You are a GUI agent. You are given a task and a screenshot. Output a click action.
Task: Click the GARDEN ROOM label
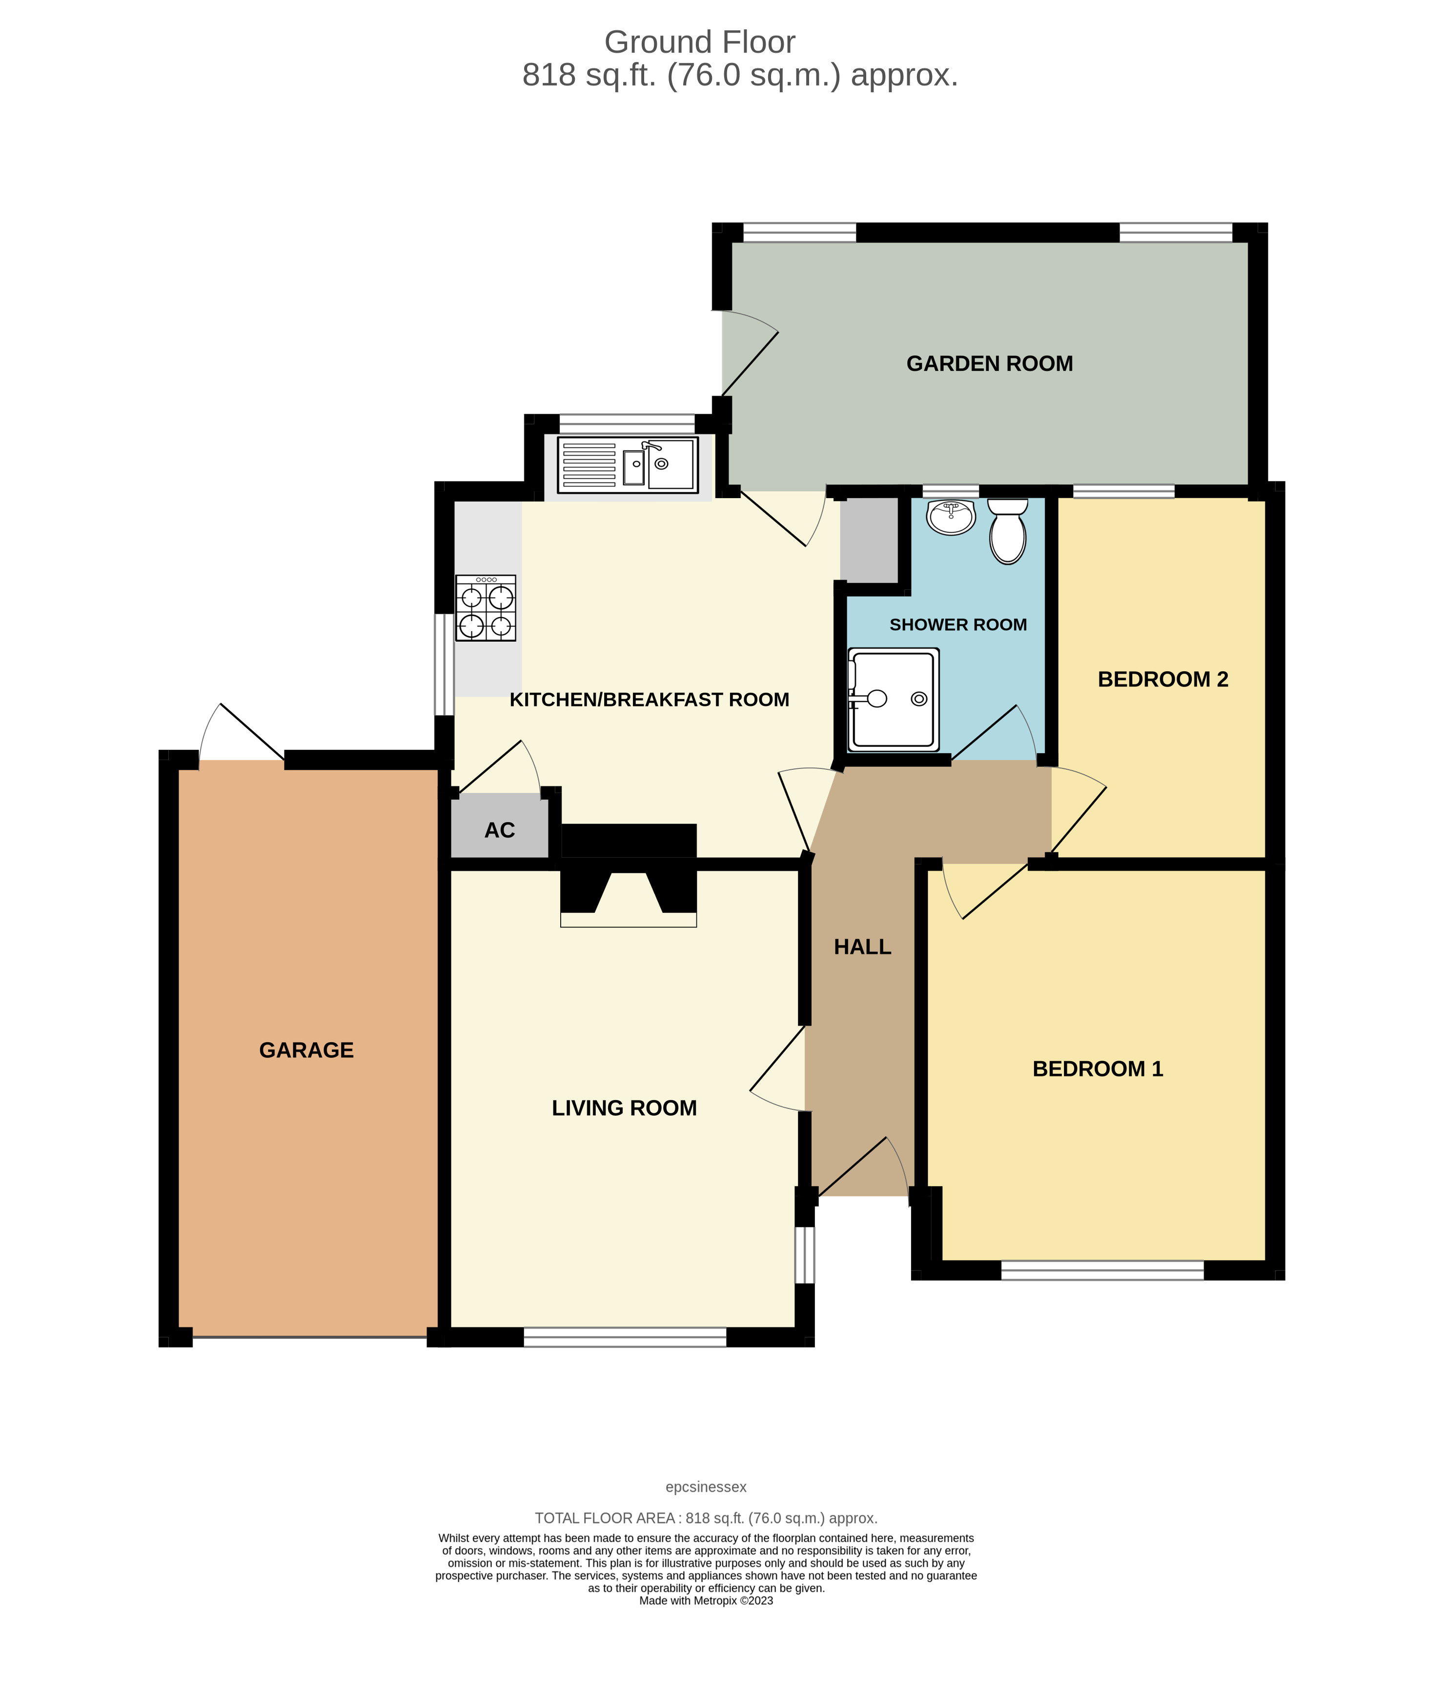click(x=989, y=363)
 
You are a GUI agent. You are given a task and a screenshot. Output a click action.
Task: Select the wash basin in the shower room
click(x=951, y=517)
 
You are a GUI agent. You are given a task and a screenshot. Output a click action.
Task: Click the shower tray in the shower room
click(x=893, y=699)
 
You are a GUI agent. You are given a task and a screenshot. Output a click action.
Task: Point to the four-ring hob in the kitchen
click(x=486, y=608)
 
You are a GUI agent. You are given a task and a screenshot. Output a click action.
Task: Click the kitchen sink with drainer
click(x=628, y=464)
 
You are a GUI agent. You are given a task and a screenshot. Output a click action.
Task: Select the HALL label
click(x=862, y=946)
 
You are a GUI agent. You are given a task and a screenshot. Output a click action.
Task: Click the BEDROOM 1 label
click(x=1097, y=1069)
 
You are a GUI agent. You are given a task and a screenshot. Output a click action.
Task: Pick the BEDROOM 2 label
click(x=1162, y=680)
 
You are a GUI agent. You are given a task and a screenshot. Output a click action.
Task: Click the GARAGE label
click(x=306, y=1050)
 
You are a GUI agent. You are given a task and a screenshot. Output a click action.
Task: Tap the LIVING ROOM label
click(x=624, y=1108)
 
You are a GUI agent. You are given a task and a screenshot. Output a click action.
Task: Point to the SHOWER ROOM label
click(x=957, y=625)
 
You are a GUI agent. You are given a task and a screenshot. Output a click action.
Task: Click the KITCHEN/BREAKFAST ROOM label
click(x=649, y=700)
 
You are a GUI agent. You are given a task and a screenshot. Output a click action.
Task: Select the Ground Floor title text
click(x=699, y=42)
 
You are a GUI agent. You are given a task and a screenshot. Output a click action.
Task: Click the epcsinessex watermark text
click(x=706, y=1487)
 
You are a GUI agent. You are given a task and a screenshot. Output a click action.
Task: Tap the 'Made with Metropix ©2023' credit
click(x=706, y=1601)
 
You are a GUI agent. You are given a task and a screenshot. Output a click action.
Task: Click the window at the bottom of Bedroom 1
click(x=1102, y=1269)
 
